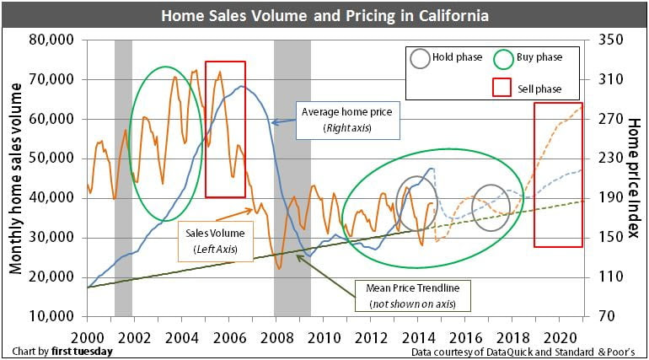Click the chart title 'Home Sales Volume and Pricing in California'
(x=324, y=16)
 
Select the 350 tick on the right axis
(x=611, y=40)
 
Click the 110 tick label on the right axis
(x=611, y=277)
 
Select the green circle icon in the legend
(x=504, y=59)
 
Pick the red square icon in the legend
(x=502, y=89)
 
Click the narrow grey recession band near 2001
(x=123, y=177)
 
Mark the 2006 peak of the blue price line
(x=242, y=86)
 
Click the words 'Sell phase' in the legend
(x=538, y=89)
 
